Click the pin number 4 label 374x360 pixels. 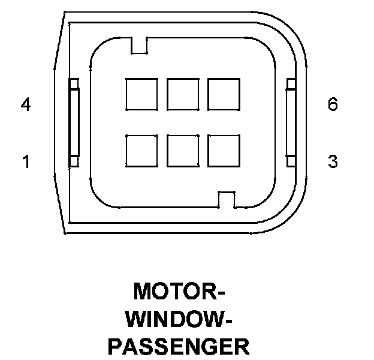point(25,105)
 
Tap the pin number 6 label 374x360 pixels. point(333,105)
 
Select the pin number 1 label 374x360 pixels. point(26,161)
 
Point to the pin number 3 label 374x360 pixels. point(333,161)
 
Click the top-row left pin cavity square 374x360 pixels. point(141,94)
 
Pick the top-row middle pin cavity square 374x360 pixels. point(183,94)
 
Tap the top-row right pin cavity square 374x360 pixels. point(224,94)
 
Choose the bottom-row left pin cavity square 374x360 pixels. point(141,150)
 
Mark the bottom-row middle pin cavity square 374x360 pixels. point(183,150)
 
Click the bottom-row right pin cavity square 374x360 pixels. point(224,150)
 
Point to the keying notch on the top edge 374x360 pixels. point(139,46)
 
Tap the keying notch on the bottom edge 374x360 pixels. point(227,199)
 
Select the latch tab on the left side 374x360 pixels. point(74,122)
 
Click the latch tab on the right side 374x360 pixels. point(291,122)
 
